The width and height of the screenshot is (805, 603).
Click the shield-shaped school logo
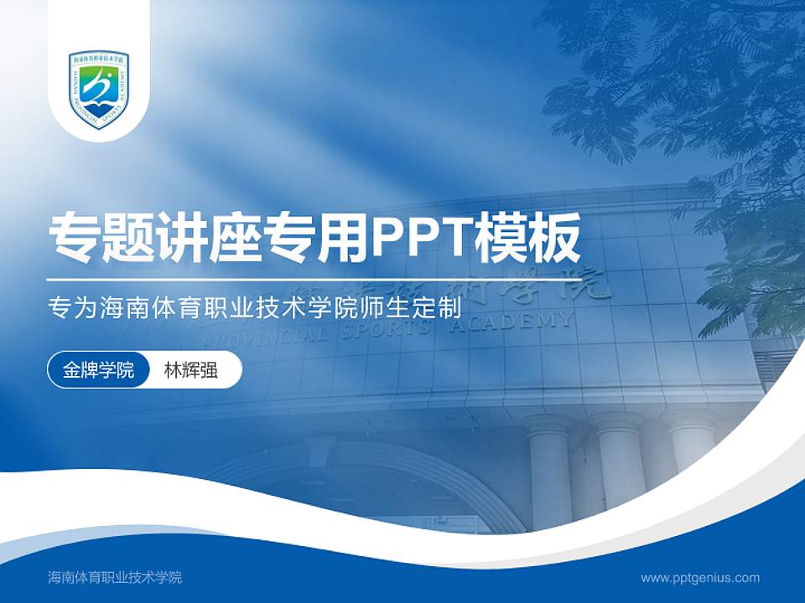click(x=99, y=89)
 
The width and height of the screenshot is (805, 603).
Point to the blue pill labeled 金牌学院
click(x=98, y=370)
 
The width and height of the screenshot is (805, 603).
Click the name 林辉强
click(x=191, y=370)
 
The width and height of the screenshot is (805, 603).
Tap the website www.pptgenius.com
click(x=700, y=577)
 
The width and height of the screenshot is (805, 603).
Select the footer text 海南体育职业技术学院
click(x=115, y=577)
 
